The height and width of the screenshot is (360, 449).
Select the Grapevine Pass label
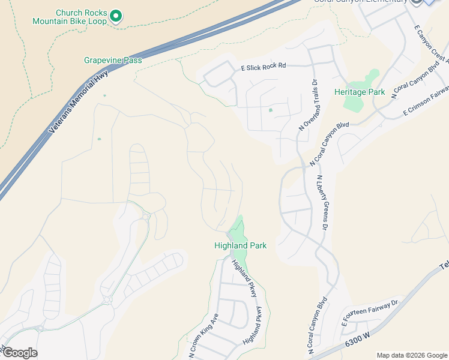113,60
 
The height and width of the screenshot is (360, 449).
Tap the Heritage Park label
359,92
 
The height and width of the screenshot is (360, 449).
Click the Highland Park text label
240,245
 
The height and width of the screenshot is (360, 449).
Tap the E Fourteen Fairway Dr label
370,314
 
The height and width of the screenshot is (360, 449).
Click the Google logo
19,353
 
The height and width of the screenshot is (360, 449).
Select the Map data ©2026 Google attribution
411,355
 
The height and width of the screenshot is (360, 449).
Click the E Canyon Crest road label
431,44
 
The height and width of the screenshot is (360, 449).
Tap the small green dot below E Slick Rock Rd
270,110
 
